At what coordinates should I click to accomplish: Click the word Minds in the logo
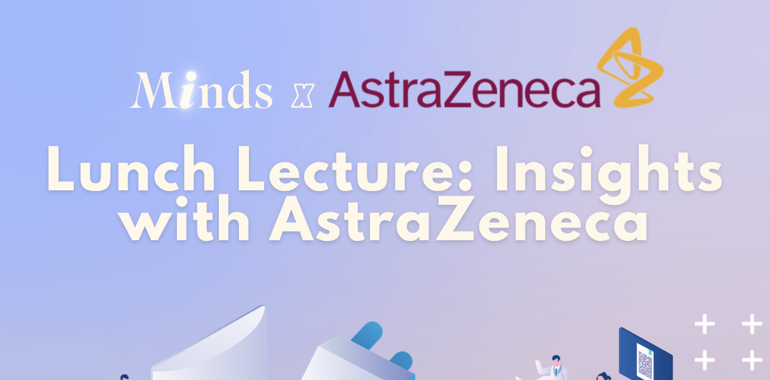(201, 90)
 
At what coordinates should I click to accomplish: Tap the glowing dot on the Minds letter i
(190, 77)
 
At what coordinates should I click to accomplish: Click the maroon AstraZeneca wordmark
(464, 89)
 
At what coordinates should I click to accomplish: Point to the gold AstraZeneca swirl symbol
(630, 67)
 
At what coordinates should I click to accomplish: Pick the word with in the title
(186, 218)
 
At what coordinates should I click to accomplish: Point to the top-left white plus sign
(705, 324)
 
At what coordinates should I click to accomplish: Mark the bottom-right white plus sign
(752, 360)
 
